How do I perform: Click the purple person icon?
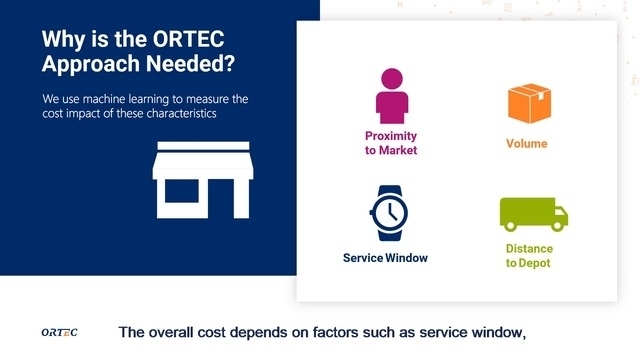(391, 95)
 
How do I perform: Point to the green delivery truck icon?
(532, 214)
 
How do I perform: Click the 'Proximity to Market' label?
(391, 143)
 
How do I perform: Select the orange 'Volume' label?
(526, 144)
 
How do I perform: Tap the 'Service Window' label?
(385, 258)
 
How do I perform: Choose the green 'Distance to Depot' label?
(528, 255)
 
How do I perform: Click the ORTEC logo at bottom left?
(59, 332)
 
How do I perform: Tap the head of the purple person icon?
(391, 76)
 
